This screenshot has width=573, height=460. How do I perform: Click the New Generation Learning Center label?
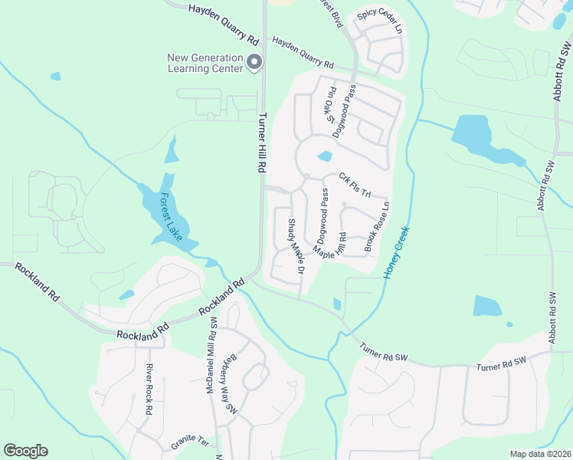[x=205, y=62]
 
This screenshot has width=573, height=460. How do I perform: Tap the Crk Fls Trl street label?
[x=355, y=186]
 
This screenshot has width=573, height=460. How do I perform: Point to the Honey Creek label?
[x=397, y=252]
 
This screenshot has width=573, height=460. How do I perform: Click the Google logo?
[x=25, y=451]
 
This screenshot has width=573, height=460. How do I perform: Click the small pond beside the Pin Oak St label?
[x=324, y=156]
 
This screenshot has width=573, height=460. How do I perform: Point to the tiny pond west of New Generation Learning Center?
[x=55, y=77]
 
